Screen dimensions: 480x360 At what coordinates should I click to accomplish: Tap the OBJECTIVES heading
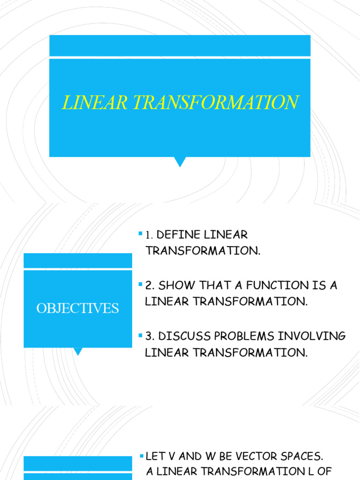[78, 308]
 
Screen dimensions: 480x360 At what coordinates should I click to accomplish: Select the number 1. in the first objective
[150, 234]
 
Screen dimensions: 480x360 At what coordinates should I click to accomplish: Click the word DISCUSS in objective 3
[180, 336]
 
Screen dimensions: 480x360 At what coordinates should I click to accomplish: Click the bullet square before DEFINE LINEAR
[141, 233]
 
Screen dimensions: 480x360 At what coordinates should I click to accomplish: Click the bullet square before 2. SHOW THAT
[141, 284]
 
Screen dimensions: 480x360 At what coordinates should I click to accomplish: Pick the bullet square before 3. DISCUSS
[141, 335]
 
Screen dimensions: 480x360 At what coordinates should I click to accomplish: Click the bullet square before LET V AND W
[141, 456]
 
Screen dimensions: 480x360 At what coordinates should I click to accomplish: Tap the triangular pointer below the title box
[180, 162]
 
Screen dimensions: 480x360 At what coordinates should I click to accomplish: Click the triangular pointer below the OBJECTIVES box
[78, 351]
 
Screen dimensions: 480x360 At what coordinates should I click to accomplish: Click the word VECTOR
[263, 456]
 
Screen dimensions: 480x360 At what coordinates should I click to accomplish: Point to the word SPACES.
[307, 456]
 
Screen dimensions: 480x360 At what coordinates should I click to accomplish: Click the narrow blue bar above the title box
[180, 45]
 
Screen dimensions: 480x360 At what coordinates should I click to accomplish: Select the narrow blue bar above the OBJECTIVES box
[78, 261]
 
